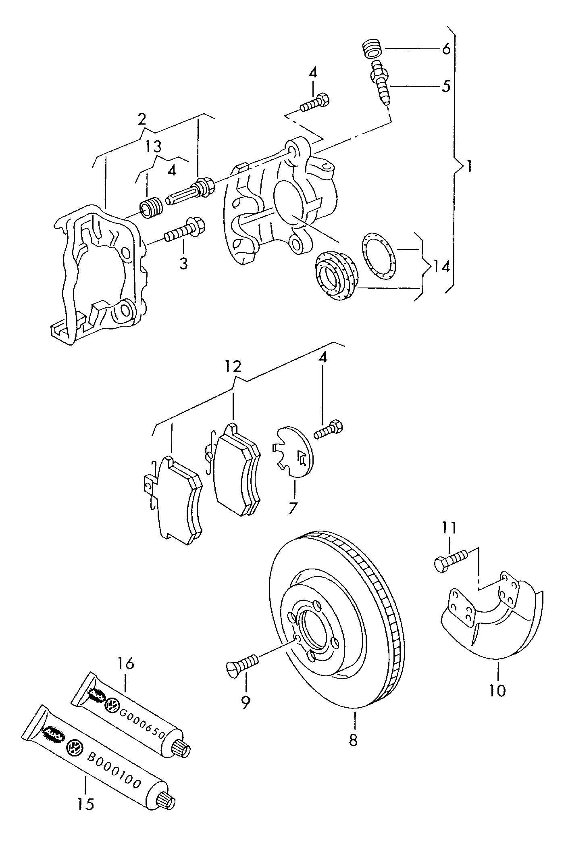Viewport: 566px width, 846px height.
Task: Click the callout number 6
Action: (445, 49)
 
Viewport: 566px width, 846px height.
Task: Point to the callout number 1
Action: (469, 166)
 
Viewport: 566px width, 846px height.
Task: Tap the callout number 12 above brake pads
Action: (233, 366)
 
